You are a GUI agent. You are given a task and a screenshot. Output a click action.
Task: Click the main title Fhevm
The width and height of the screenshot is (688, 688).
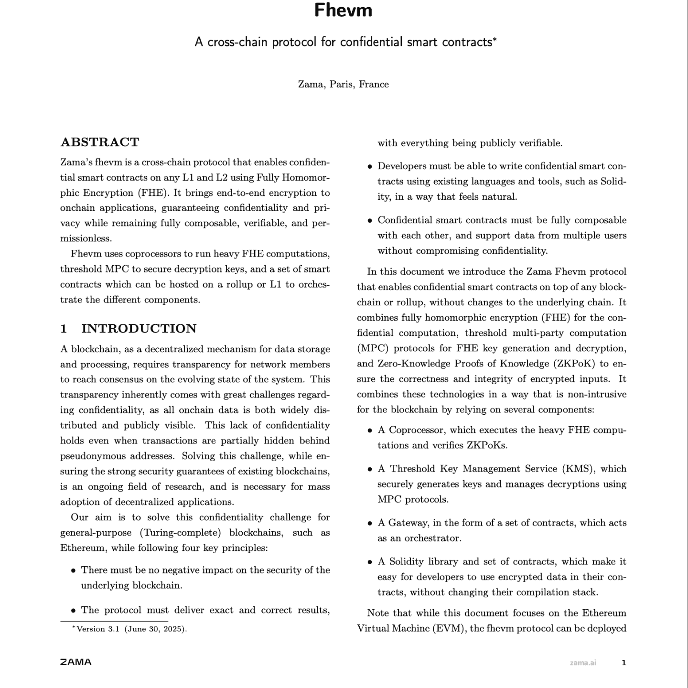click(343, 11)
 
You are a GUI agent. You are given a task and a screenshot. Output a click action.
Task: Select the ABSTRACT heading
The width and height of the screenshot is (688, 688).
click(100, 142)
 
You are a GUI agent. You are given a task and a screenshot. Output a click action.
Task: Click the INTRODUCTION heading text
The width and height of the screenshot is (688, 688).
click(139, 328)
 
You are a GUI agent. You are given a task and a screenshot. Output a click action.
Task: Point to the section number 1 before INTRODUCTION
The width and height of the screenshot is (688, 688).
click(64, 328)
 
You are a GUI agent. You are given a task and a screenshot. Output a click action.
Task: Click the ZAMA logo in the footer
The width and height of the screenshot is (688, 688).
click(75, 662)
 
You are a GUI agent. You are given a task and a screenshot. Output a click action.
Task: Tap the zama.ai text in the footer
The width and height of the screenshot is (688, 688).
click(582, 663)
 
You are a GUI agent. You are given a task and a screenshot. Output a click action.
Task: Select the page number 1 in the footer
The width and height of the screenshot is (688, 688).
click(623, 663)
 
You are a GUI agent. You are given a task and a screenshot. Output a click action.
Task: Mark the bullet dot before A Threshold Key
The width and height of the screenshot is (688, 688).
click(370, 469)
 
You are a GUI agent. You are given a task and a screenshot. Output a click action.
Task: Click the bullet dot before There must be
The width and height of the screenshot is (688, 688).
click(73, 570)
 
